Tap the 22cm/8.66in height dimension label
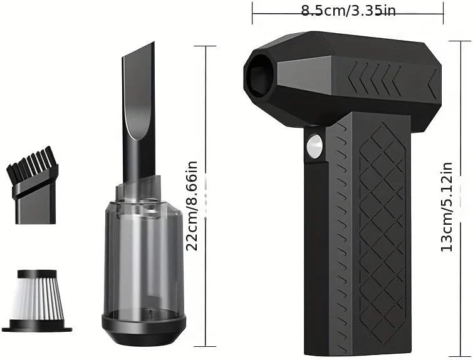coord(193,205)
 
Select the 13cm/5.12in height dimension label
coord(446,207)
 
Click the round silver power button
coord(313,147)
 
